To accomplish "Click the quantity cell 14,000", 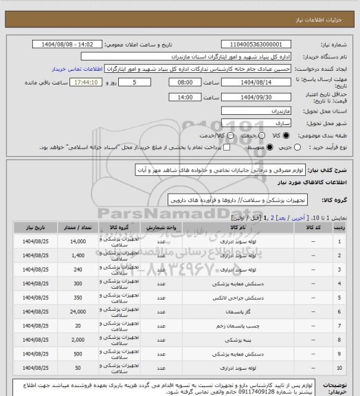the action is click(x=77, y=241).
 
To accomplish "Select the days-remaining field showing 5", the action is click(x=142, y=82).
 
